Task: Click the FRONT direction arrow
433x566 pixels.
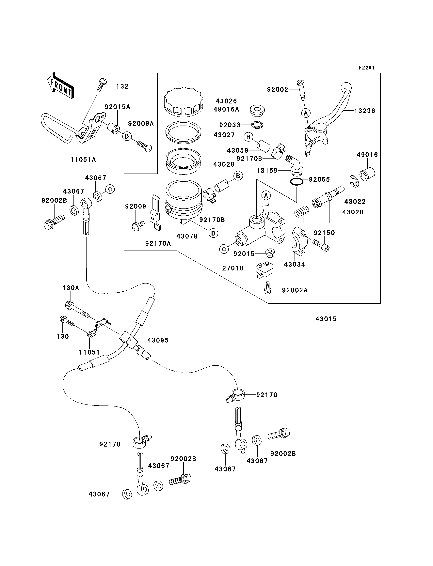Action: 61,85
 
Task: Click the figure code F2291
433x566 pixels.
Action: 366,68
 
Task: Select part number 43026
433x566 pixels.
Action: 226,101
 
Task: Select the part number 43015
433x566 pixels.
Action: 326,319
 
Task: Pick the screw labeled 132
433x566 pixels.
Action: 102,84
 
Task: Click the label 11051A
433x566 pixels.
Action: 83,160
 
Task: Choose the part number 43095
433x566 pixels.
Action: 158,340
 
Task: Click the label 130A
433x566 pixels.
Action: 71,288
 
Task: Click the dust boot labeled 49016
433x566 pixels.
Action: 367,174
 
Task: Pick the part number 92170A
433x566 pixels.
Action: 158,243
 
